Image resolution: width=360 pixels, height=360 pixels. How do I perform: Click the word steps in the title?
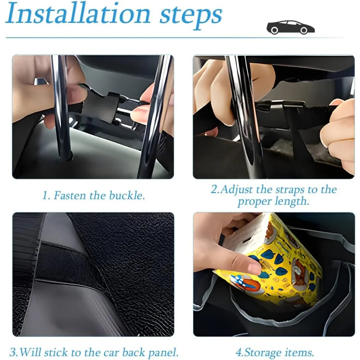click(x=190, y=15)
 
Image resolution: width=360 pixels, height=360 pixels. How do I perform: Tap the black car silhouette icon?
click(x=290, y=27)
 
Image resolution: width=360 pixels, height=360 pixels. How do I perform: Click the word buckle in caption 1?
click(x=127, y=195)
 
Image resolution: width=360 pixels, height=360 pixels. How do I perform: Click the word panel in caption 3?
click(x=162, y=352)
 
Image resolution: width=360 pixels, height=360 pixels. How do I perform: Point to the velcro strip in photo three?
click(x=68, y=263)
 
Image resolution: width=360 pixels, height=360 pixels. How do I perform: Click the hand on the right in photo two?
click(x=338, y=133)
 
